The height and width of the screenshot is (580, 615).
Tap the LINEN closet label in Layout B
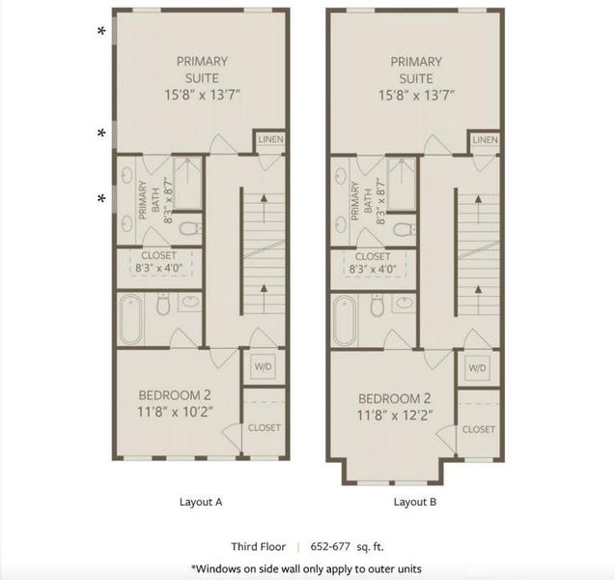pos(486,141)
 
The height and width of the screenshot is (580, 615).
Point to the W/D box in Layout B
pos(477,368)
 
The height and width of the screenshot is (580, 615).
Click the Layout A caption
pos(202,502)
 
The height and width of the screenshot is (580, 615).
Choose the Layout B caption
pos(415,502)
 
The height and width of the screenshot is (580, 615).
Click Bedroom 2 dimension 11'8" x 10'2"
pos(175,411)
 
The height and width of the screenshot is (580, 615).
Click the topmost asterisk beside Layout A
pos(101,32)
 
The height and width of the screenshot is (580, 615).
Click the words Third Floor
pos(257,544)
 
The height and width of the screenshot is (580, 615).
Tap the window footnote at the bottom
pos(306,567)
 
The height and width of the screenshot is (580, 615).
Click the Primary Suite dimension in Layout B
pos(415,95)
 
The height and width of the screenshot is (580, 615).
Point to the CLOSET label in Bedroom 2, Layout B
pos(478,428)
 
